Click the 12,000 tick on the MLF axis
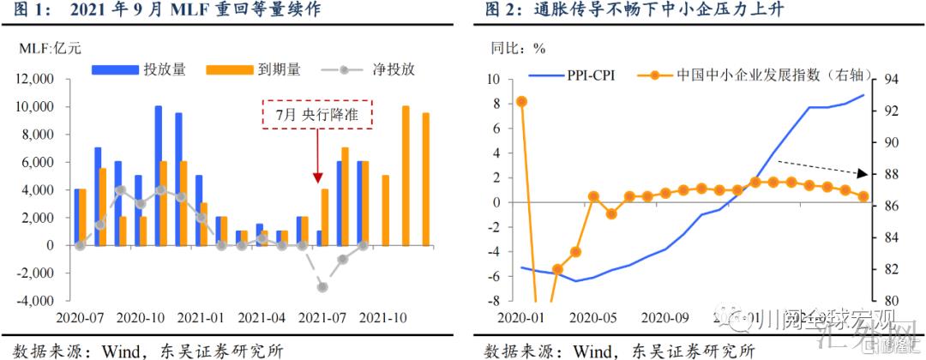click(34, 79)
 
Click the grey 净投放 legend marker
click(342, 69)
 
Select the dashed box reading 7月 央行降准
click(316, 114)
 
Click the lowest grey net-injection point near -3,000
click(322, 287)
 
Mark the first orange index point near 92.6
click(521, 101)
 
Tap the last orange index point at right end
click(863, 196)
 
